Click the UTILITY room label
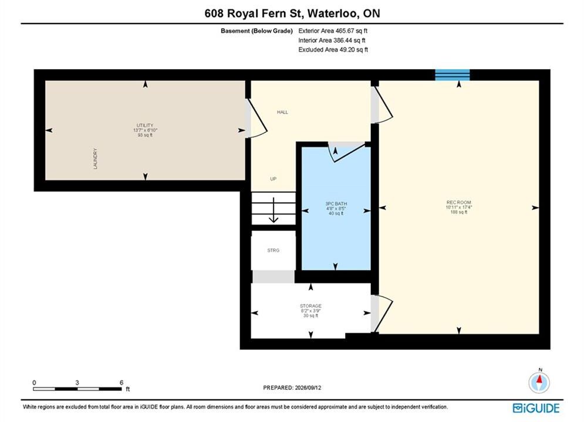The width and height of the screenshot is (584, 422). [145, 125]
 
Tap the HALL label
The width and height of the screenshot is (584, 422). [282, 112]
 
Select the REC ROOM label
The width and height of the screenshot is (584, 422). [458, 202]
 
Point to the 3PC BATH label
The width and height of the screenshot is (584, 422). [336, 204]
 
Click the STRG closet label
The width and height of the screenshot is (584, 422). [274, 250]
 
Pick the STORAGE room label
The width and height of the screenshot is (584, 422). [310, 305]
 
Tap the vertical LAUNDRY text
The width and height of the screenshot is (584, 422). [95, 159]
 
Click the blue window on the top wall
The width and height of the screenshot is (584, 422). [453, 75]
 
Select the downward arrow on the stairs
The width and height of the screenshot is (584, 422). [274, 210]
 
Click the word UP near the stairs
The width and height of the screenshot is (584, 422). [274, 179]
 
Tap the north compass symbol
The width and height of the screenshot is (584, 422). [539, 382]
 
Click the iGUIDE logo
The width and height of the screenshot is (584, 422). [536, 408]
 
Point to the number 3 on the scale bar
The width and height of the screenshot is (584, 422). [77, 382]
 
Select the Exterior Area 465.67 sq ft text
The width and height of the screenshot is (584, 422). [333, 31]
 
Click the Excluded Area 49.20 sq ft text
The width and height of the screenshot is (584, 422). [333, 49]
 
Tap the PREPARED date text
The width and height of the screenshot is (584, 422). [292, 387]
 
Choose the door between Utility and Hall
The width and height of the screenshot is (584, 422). [256, 118]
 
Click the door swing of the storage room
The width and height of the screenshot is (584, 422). [382, 314]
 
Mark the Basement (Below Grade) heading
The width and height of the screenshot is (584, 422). [256, 31]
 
